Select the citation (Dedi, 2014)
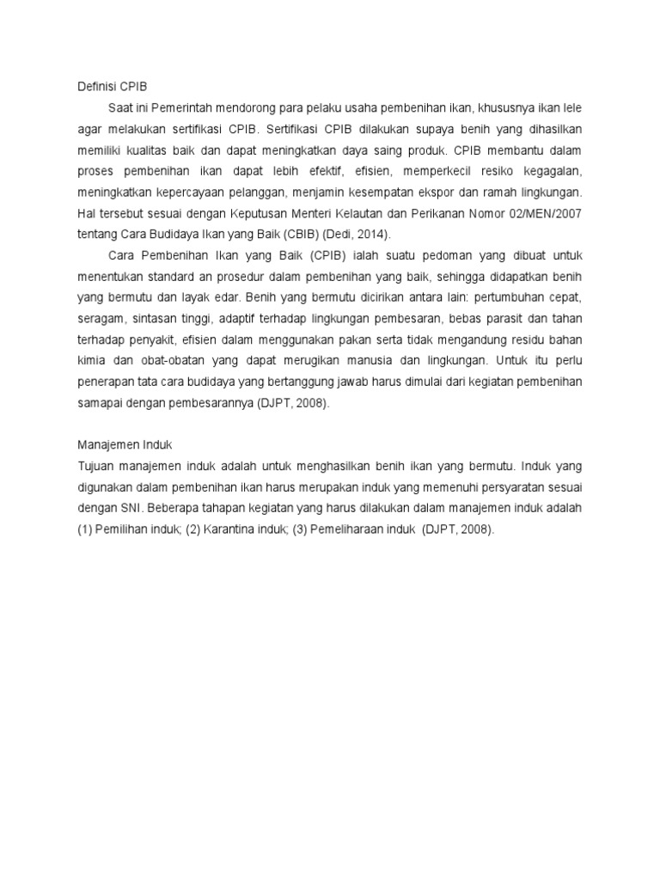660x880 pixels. (x=351, y=235)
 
